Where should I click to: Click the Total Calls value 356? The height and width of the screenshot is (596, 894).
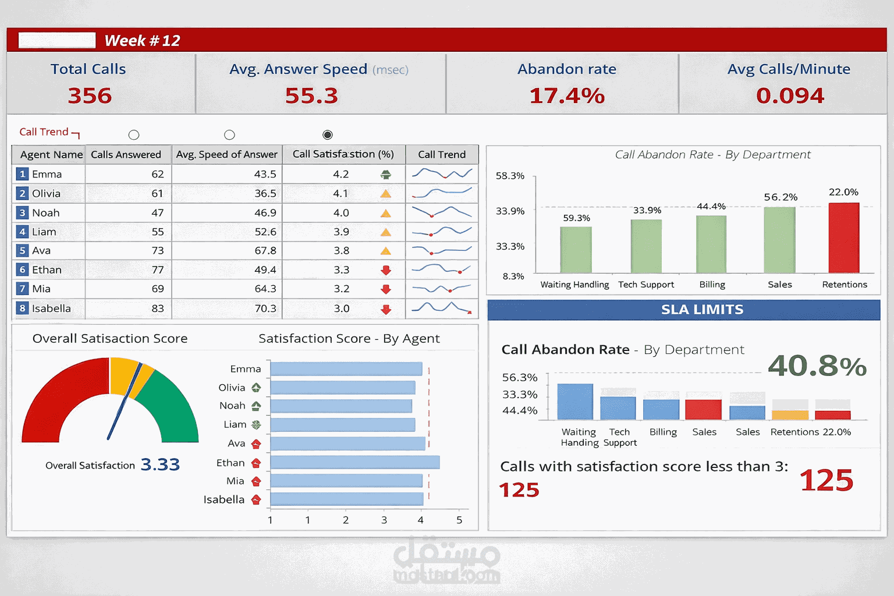pos(90,95)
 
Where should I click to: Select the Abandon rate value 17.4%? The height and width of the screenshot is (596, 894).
pos(567,95)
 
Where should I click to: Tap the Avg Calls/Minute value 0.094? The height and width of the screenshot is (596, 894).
pos(790,95)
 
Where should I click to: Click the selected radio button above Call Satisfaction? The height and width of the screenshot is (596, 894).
pos(328,135)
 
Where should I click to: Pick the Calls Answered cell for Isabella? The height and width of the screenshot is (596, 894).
pos(157,308)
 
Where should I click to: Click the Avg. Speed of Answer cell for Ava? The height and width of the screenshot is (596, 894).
pos(265,251)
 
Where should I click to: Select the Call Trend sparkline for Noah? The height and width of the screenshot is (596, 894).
pos(442,212)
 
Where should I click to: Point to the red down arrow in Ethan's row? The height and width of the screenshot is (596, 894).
pos(385,270)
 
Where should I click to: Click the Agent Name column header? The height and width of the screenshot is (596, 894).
pos(51,155)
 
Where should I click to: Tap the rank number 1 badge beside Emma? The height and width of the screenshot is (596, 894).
pos(22,174)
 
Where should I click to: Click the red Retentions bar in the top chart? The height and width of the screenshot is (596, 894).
pos(843,237)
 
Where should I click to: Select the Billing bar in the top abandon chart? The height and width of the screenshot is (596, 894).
pos(711,244)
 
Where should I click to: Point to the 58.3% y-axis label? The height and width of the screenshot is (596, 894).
pos(510,176)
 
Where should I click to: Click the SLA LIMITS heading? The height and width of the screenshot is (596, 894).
pos(702,310)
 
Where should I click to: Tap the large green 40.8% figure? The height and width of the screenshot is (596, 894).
pos(817,366)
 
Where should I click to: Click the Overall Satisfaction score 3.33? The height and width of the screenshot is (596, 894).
pos(160,464)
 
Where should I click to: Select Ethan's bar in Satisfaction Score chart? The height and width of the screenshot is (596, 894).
pos(354,463)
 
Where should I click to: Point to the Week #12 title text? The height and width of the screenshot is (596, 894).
pos(142,41)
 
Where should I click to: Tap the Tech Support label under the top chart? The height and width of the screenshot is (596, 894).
pos(646,285)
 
